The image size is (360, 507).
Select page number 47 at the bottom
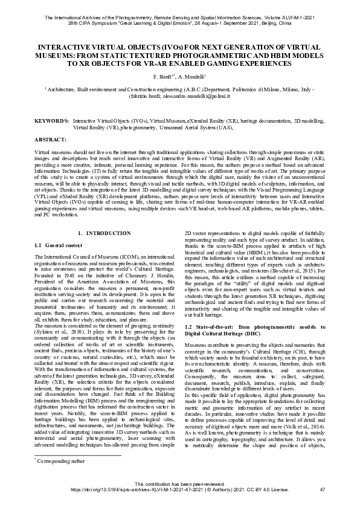click(322, 489)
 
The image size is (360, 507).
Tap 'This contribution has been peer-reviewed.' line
click(180, 484)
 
